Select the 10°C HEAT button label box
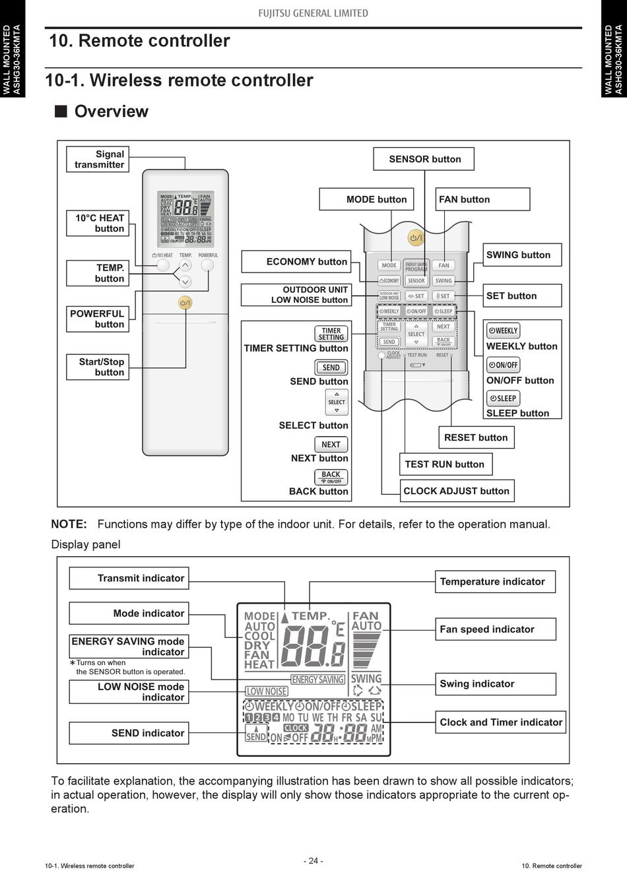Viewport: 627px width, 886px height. point(97,223)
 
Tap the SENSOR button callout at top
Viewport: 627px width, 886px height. point(424,159)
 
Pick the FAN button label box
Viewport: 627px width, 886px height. point(483,199)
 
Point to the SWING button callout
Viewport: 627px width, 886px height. point(522,255)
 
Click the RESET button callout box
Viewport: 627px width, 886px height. point(476,437)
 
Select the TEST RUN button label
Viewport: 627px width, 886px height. point(445,464)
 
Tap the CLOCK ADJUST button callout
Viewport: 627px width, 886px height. point(457,491)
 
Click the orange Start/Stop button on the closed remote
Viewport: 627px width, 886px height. point(185,303)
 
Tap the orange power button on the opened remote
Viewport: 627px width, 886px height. point(416,237)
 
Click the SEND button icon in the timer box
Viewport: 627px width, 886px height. point(331,367)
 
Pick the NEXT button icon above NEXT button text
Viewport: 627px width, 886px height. point(331,445)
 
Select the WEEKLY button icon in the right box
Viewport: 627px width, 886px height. point(503,331)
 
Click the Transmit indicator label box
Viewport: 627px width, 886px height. point(129,579)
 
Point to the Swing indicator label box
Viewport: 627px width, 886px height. point(495,684)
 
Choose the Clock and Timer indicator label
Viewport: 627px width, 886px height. point(500,722)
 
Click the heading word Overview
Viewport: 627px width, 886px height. point(112,111)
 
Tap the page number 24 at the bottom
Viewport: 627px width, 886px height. point(313,861)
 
